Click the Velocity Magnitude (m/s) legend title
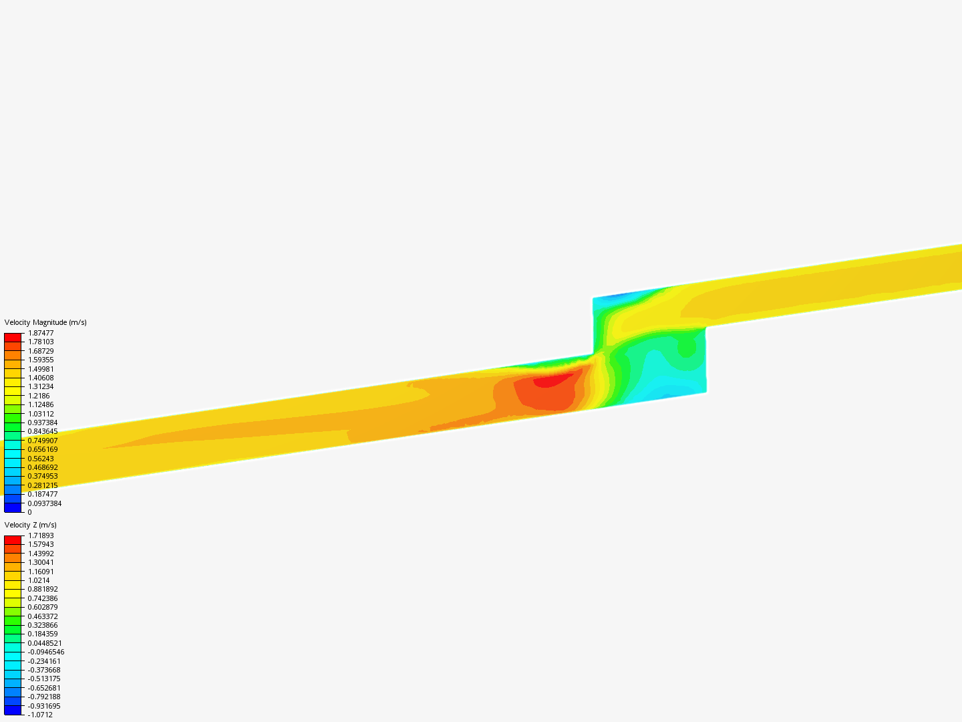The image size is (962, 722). pyautogui.click(x=45, y=323)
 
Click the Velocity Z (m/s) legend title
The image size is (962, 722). pyautogui.click(x=30, y=525)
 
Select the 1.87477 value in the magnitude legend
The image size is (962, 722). pyautogui.click(x=41, y=333)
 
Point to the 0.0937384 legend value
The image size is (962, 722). pyautogui.click(x=45, y=503)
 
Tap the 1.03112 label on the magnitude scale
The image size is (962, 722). pyautogui.click(x=41, y=414)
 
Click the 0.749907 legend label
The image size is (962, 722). pyautogui.click(x=43, y=441)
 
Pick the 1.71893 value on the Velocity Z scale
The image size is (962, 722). pyautogui.click(x=41, y=535)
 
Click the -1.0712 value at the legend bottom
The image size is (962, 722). pyautogui.click(x=40, y=715)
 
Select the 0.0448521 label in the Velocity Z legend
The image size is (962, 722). pyautogui.click(x=45, y=643)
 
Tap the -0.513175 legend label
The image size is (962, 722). pyautogui.click(x=44, y=679)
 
